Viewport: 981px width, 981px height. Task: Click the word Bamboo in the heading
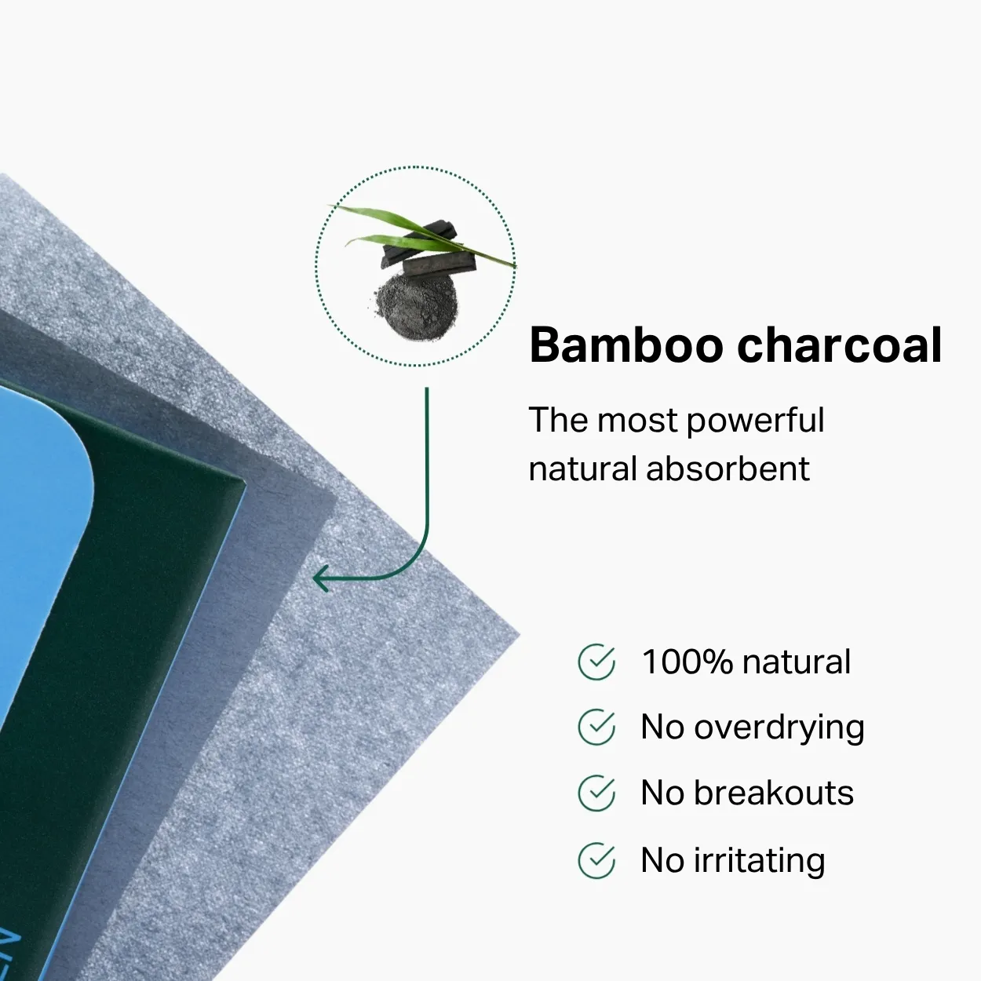click(626, 345)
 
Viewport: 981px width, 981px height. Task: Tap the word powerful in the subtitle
click(756, 421)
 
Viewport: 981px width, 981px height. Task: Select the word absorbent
click(728, 469)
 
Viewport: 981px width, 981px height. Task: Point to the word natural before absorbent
click(582, 469)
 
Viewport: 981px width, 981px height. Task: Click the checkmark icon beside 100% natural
click(596, 662)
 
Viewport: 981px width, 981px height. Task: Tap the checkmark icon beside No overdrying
click(596, 727)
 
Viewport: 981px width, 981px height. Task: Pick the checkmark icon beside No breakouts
click(596, 793)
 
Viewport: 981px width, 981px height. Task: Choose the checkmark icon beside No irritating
click(596, 860)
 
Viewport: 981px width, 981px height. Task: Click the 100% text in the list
click(687, 662)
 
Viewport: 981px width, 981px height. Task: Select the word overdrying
click(779, 729)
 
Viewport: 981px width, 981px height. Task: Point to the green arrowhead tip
click(314, 578)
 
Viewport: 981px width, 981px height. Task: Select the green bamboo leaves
click(421, 233)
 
